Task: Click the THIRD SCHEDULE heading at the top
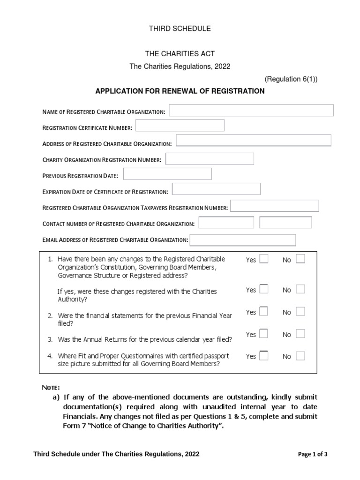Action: [180, 29]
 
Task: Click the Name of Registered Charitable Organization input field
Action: [251, 110]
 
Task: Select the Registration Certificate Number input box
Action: [180, 126]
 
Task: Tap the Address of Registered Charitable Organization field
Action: [253, 141]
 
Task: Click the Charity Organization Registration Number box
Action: [210, 159]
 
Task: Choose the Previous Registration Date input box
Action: [167, 174]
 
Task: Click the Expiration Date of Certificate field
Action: [216, 189]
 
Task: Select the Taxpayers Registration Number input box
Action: [274, 206]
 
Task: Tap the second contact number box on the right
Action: [285, 223]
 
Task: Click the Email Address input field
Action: [242, 240]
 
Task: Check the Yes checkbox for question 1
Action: [264, 259]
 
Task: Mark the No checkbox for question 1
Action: [300, 259]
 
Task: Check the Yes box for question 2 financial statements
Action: [264, 311]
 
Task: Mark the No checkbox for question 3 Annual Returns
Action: [300, 334]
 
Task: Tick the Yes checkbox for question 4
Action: [264, 356]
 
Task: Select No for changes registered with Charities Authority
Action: [300, 289]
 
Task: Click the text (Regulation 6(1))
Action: [291, 79]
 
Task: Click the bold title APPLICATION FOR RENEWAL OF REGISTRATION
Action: [180, 91]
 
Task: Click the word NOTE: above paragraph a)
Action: [51, 387]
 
